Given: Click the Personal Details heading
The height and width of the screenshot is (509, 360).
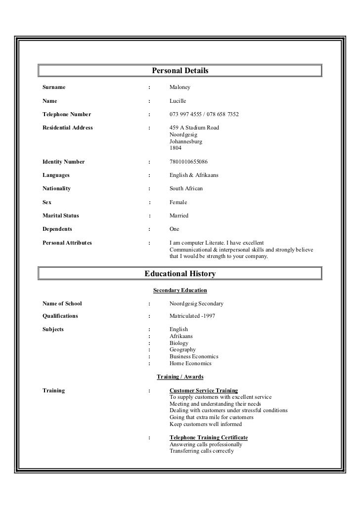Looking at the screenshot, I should (180, 71).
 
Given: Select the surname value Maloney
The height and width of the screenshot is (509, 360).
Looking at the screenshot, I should (180, 87).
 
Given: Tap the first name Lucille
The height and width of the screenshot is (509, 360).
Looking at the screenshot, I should (178, 101).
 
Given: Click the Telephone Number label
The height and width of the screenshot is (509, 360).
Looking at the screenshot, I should (67, 114).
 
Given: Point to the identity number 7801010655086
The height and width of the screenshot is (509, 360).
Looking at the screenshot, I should (188, 162).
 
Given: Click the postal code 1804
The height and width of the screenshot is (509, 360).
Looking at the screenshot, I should (176, 148).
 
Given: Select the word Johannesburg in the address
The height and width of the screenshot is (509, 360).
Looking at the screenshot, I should (186, 141).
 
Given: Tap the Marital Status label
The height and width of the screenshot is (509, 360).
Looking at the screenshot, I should (61, 215).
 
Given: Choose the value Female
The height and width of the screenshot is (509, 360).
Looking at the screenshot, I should (179, 202).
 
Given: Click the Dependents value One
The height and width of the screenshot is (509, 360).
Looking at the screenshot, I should (175, 229).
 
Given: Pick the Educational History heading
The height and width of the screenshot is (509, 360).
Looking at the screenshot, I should (180, 274).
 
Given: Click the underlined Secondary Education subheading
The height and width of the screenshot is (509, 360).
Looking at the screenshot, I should (180, 290).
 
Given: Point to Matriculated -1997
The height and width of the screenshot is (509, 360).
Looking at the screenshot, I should (192, 316).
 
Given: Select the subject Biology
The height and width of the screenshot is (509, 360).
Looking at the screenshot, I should (179, 343).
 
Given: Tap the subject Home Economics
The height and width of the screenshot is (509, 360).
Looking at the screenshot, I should (190, 363).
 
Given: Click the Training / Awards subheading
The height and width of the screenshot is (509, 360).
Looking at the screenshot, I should (180, 377).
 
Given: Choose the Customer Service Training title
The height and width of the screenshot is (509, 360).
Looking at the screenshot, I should (204, 390).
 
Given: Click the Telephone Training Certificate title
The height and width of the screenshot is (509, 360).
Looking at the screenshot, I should (209, 438).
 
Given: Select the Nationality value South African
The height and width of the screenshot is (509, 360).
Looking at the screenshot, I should (186, 189).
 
